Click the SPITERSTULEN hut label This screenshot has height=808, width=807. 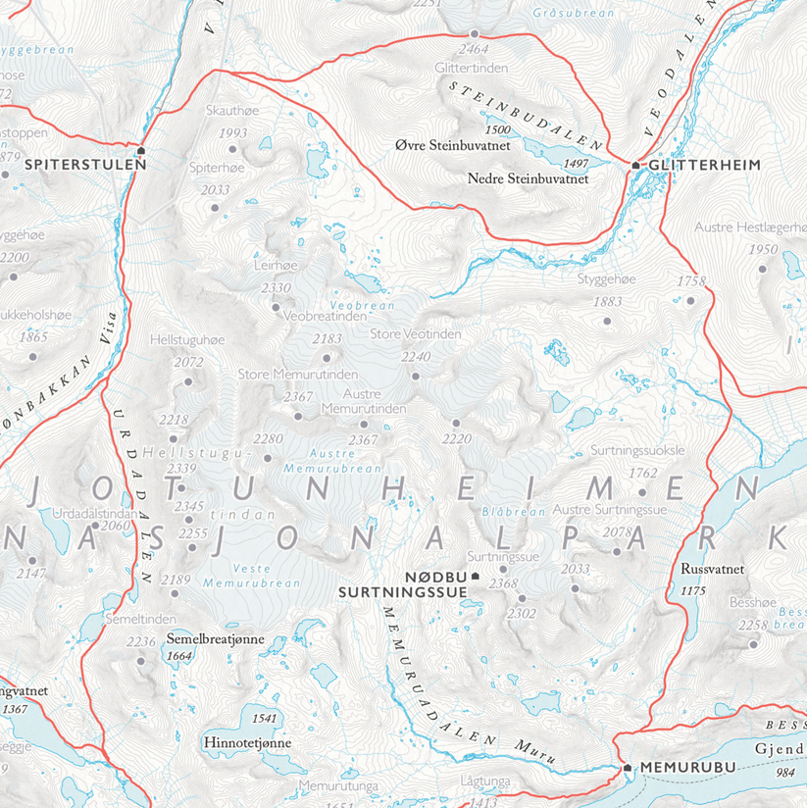tap(86, 165)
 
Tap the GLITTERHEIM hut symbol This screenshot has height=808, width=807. tap(635, 165)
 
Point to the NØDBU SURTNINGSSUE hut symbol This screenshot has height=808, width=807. tap(476, 577)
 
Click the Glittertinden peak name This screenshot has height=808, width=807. tap(471, 67)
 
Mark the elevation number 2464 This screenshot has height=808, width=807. tap(474, 49)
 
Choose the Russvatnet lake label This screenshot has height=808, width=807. tap(712, 569)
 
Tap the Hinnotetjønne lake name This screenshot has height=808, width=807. tap(247, 743)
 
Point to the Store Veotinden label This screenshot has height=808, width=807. tap(416, 334)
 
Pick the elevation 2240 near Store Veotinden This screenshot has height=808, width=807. tap(416, 357)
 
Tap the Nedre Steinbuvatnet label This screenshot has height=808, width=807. tap(528, 179)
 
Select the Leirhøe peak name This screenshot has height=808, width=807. tap(274, 265)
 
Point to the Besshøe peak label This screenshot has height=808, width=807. tap(752, 602)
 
